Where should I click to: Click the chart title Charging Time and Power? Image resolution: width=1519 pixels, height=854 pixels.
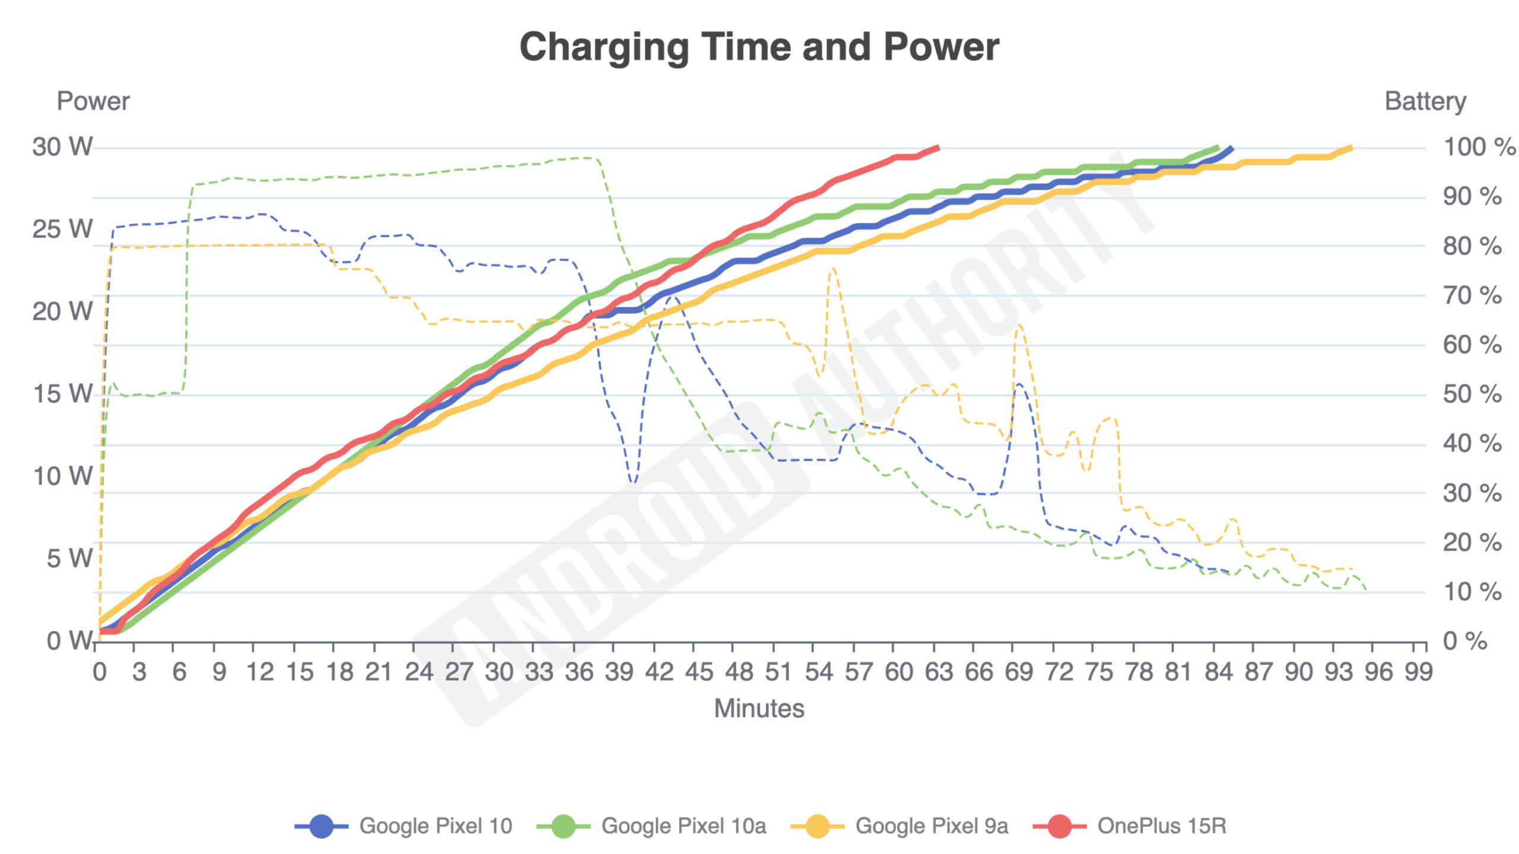pos(759,47)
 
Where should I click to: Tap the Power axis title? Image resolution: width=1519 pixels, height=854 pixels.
pos(93,101)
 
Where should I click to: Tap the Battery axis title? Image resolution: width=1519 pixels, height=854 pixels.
pos(1425,101)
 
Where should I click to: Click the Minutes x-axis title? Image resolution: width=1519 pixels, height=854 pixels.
pos(759,708)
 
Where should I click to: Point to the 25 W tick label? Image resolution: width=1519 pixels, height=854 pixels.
pos(62,229)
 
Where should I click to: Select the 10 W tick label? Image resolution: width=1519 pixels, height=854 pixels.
pos(62,476)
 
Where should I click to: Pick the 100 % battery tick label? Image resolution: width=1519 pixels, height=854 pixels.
pos(1479,147)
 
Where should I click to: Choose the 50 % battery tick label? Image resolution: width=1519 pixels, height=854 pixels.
pos(1472,394)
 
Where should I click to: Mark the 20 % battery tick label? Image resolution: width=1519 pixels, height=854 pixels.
pos(1472,543)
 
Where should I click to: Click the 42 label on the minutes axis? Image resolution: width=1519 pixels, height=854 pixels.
pos(659,672)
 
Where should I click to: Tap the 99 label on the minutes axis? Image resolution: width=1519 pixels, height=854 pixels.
pos(1419,672)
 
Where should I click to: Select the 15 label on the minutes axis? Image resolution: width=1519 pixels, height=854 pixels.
pos(299,672)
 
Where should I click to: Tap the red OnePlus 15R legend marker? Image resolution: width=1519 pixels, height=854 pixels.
pos(1059,826)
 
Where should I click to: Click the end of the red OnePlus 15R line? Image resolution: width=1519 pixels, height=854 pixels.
pos(938,147)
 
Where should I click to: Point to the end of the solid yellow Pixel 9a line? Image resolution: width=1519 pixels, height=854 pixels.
pos(1351,148)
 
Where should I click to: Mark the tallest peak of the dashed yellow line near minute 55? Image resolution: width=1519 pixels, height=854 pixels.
pos(832,269)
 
